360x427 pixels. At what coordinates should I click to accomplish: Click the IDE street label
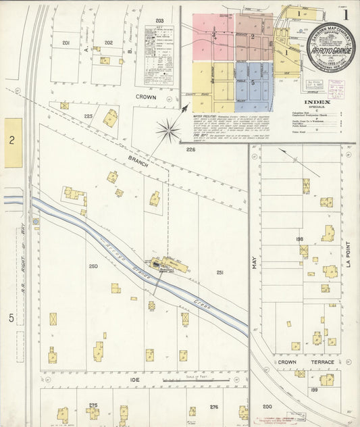point(135,380)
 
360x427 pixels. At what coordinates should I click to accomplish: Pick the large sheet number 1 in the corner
point(346,13)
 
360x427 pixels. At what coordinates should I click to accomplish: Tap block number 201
point(66,43)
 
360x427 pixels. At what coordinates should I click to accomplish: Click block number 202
point(108,43)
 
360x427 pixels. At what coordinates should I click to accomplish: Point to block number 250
point(93,266)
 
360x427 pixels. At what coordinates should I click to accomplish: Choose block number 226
point(191,149)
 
